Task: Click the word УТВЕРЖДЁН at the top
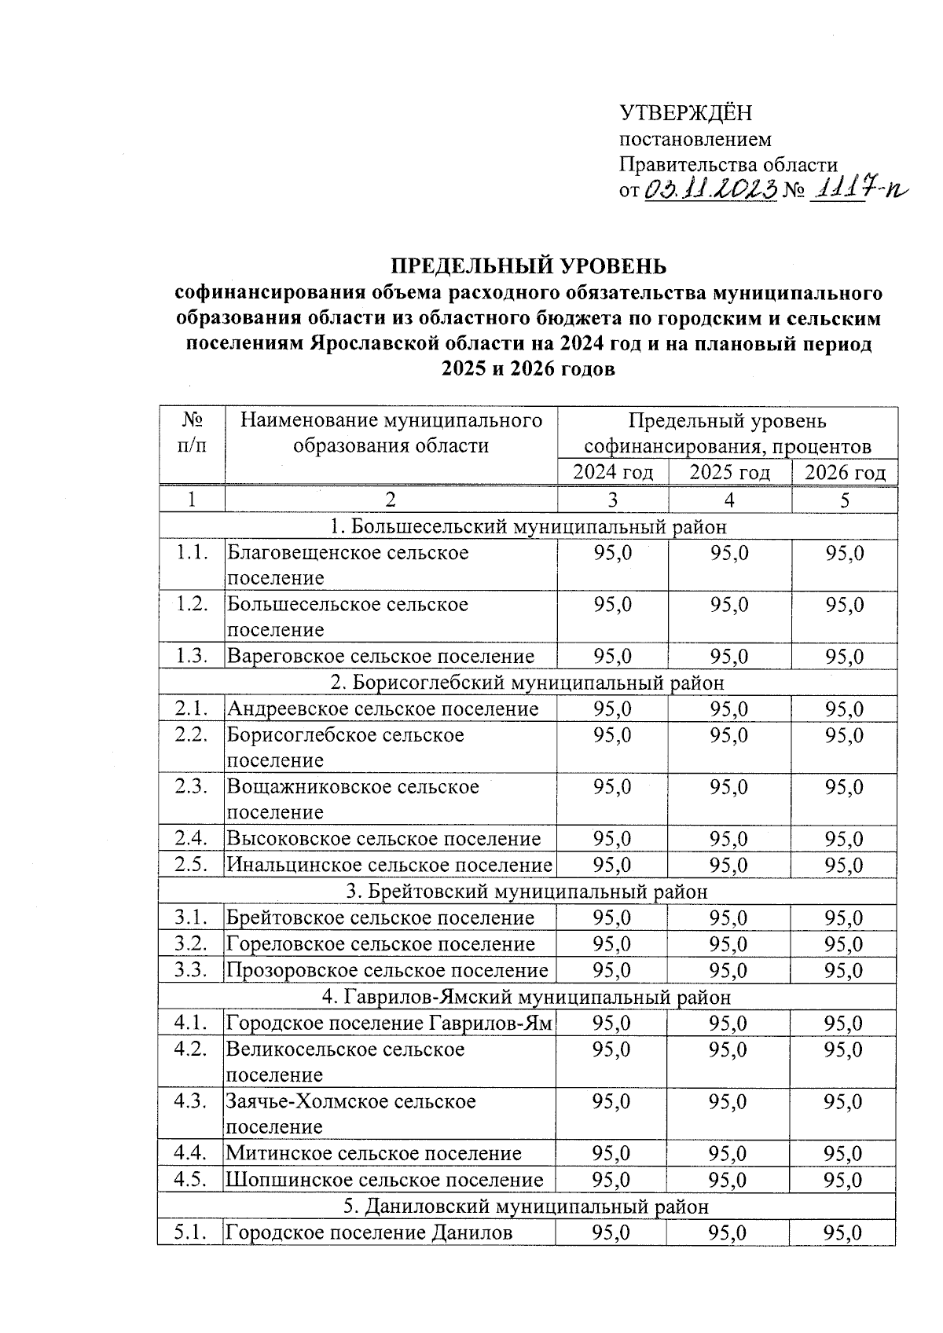pos(686,113)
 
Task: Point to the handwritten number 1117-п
pos(857,189)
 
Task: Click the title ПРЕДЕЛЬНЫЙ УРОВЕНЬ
pos(528,266)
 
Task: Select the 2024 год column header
pos(613,473)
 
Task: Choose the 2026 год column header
pos(845,473)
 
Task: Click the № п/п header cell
pos(193,433)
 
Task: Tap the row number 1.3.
pos(192,656)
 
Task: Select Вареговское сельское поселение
pos(381,656)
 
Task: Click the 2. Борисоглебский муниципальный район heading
pos(527,683)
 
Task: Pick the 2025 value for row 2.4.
pos(728,839)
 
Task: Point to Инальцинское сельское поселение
pos(390,865)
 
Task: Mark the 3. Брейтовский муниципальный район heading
pos(527,892)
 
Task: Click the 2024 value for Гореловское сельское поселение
pos(612,944)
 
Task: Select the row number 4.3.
pos(192,1101)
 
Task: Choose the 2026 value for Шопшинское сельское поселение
pos(843,1180)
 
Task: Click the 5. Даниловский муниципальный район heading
pos(527,1206)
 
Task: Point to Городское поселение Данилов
pos(369,1232)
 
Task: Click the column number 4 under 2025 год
pos(729,500)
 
